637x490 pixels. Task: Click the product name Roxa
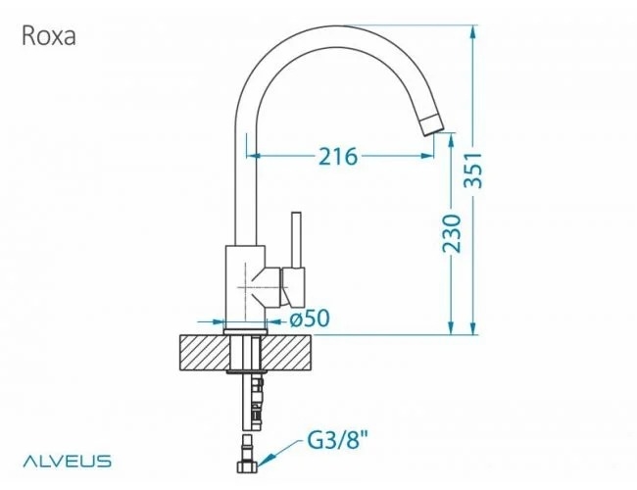pyautogui.click(x=49, y=35)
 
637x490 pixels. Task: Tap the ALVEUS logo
pyautogui.click(x=67, y=462)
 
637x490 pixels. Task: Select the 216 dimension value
pyautogui.click(x=338, y=157)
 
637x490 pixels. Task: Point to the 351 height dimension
pyautogui.click(x=473, y=171)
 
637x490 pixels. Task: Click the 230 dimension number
pyautogui.click(x=452, y=233)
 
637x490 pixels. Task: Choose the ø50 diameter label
pyautogui.click(x=310, y=318)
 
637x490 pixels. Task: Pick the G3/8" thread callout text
pyautogui.click(x=337, y=439)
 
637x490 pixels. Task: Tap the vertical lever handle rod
pyautogui.click(x=297, y=240)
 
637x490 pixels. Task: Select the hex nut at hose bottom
pyautogui.click(x=247, y=466)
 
